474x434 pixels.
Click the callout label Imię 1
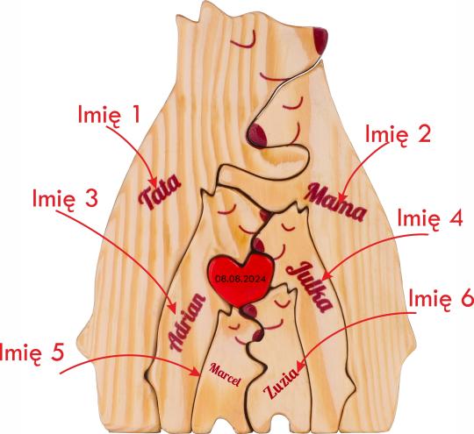click(x=109, y=115)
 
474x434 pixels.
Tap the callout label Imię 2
click(x=398, y=134)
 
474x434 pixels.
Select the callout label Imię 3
click(x=65, y=198)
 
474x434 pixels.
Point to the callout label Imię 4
click(x=430, y=218)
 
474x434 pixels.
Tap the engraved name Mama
click(x=336, y=202)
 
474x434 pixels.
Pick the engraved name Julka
click(x=311, y=287)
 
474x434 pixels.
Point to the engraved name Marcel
click(x=226, y=374)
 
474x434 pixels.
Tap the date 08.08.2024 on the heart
click(x=241, y=279)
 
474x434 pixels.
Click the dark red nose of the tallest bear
click(x=320, y=41)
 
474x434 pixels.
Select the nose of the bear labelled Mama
click(x=257, y=136)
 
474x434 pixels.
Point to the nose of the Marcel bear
click(x=257, y=334)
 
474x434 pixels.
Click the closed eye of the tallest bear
click(x=242, y=43)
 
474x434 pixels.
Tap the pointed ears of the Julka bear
click(x=298, y=210)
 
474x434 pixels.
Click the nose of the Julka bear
click(x=258, y=245)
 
